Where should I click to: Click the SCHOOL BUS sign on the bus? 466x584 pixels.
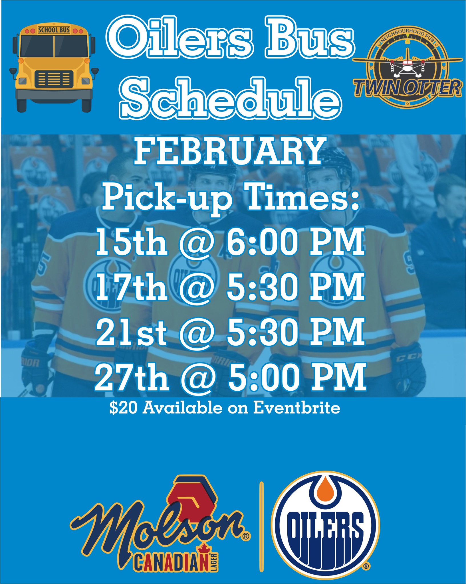coord(54,30)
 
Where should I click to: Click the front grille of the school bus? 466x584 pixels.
coord(54,79)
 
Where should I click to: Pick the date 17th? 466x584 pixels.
coord(132,287)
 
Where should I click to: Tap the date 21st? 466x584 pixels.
coord(131,332)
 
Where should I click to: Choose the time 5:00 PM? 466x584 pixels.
coord(296,376)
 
